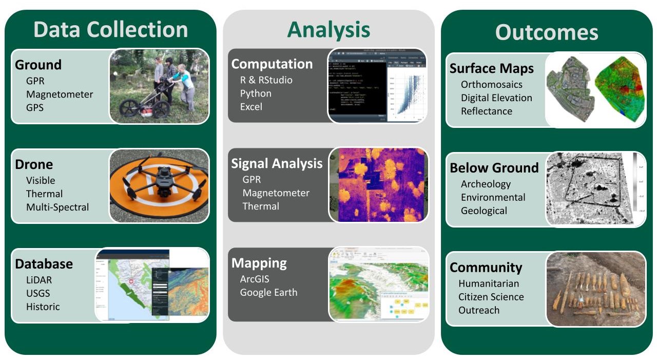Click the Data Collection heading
[x=110, y=30]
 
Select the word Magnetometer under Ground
[x=60, y=94]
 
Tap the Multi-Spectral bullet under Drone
[x=57, y=207]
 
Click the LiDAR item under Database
[x=39, y=280]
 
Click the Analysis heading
[x=328, y=30]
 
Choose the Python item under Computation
[x=256, y=93]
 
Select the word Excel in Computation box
[x=251, y=107]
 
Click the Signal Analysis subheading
[x=277, y=164]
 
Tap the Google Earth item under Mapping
[x=268, y=293]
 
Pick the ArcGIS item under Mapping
[x=255, y=279]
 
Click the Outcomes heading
[x=547, y=32]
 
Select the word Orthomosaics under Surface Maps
[x=491, y=85]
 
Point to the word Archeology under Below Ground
[x=486, y=184]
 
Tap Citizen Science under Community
[x=491, y=297]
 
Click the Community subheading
[x=486, y=268]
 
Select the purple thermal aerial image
[x=379, y=185]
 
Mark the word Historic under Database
[x=43, y=307]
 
